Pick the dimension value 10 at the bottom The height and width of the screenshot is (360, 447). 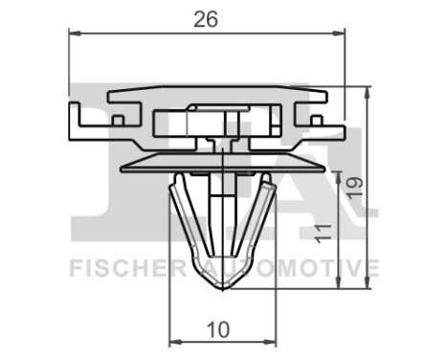click(x=219, y=328)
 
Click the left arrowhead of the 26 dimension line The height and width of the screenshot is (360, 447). click(x=75, y=34)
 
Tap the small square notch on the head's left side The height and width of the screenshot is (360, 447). click(x=118, y=121)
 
